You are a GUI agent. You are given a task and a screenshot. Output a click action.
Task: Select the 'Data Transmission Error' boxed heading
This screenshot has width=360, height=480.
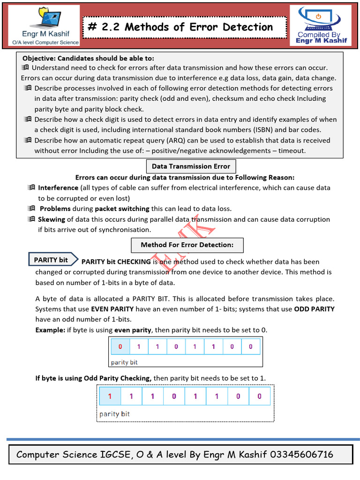coord(191,166)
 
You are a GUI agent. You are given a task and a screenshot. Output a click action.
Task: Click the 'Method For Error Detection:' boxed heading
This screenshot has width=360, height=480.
coord(187,245)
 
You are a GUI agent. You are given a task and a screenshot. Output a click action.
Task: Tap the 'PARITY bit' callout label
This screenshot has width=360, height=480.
coord(51,260)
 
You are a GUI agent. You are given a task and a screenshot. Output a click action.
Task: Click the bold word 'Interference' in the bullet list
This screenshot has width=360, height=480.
coord(59,187)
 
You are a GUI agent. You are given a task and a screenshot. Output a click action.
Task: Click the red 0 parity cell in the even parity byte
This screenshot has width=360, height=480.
coord(120,347)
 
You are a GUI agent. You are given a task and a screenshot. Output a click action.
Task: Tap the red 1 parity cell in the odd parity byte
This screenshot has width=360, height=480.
coord(110,397)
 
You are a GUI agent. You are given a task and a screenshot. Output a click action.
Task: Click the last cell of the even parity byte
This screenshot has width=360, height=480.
coord(251,347)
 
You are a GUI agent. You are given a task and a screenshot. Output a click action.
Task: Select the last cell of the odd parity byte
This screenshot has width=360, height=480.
coord(259,397)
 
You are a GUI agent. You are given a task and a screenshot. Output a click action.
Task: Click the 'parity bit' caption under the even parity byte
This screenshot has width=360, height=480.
coord(124,362)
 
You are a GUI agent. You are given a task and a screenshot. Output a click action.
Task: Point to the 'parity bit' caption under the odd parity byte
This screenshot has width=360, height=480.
coord(115,414)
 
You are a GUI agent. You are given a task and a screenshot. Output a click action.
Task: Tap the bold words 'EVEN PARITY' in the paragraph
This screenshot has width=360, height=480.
coord(112,309)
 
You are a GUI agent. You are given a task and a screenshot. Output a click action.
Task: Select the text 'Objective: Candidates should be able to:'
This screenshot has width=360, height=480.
coord(88,58)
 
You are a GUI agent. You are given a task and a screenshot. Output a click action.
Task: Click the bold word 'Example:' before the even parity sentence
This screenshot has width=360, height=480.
coord(51,330)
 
